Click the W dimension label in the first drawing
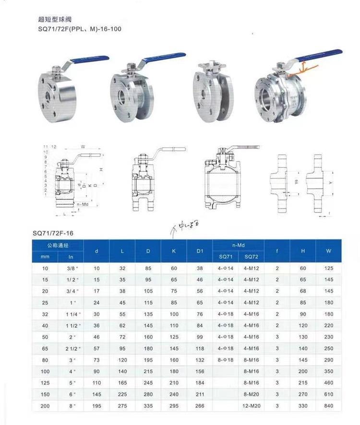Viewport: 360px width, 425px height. pyautogui.click(x=83, y=146)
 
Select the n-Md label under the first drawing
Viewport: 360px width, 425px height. pyautogui.click(x=83, y=204)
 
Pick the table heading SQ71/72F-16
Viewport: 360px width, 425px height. pyautogui.click(x=53, y=233)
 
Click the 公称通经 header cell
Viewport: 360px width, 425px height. pyautogui.click(x=58, y=245)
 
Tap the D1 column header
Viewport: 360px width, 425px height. pyautogui.click(x=200, y=250)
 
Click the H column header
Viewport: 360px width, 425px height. pyautogui.click(x=303, y=250)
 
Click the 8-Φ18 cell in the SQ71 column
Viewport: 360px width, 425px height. pyautogui.click(x=225, y=360)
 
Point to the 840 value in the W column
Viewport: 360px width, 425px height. pyautogui.click(x=328, y=406)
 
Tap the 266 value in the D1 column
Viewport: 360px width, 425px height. pyautogui.click(x=200, y=406)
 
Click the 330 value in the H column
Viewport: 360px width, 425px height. pyautogui.click(x=303, y=406)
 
